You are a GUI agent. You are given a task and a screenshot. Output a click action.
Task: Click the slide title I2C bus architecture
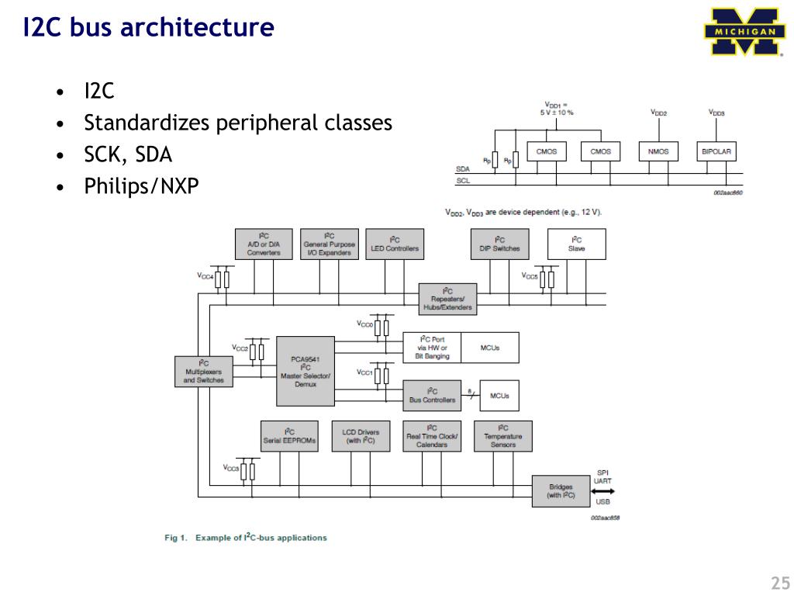pyautogui.click(x=147, y=28)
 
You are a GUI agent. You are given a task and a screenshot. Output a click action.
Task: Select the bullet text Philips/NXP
pyautogui.click(x=141, y=186)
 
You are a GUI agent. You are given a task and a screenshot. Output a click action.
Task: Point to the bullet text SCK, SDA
pyautogui.click(x=128, y=154)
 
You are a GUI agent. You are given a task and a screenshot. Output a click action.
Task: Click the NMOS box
pyautogui.click(x=658, y=151)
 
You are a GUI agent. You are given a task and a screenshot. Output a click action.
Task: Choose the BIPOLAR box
pyautogui.click(x=716, y=151)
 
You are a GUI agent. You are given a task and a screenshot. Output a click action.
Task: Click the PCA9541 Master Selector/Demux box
pyautogui.click(x=306, y=371)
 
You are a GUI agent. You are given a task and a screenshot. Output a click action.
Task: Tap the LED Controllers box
pyautogui.click(x=395, y=244)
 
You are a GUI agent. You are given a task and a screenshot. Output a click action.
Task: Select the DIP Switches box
pyautogui.click(x=499, y=244)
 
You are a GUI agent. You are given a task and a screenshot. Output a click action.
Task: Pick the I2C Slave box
pyautogui.click(x=576, y=244)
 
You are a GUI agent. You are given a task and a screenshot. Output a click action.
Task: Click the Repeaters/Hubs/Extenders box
pyautogui.click(x=447, y=299)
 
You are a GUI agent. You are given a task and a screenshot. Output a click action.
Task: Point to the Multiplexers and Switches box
pyautogui.click(x=203, y=372)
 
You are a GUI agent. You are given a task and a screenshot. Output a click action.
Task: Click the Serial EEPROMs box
pyautogui.click(x=289, y=436)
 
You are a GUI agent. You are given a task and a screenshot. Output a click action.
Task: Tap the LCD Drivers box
pyautogui.click(x=361, y=436)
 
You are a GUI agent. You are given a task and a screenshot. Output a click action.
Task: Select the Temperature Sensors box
pyautogui.click(x=502, y=436)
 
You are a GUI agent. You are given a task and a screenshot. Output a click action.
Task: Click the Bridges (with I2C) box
pyautogui.click(x=561, y=490)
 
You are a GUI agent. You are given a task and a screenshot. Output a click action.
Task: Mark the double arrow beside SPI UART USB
pyautogui.click(x=602, y=490)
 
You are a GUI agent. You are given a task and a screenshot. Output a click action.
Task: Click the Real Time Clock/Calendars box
pyautogui.click(x=432, y=436)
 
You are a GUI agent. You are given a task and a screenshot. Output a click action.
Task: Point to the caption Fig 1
pyautogui.click(x=246, y=537)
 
